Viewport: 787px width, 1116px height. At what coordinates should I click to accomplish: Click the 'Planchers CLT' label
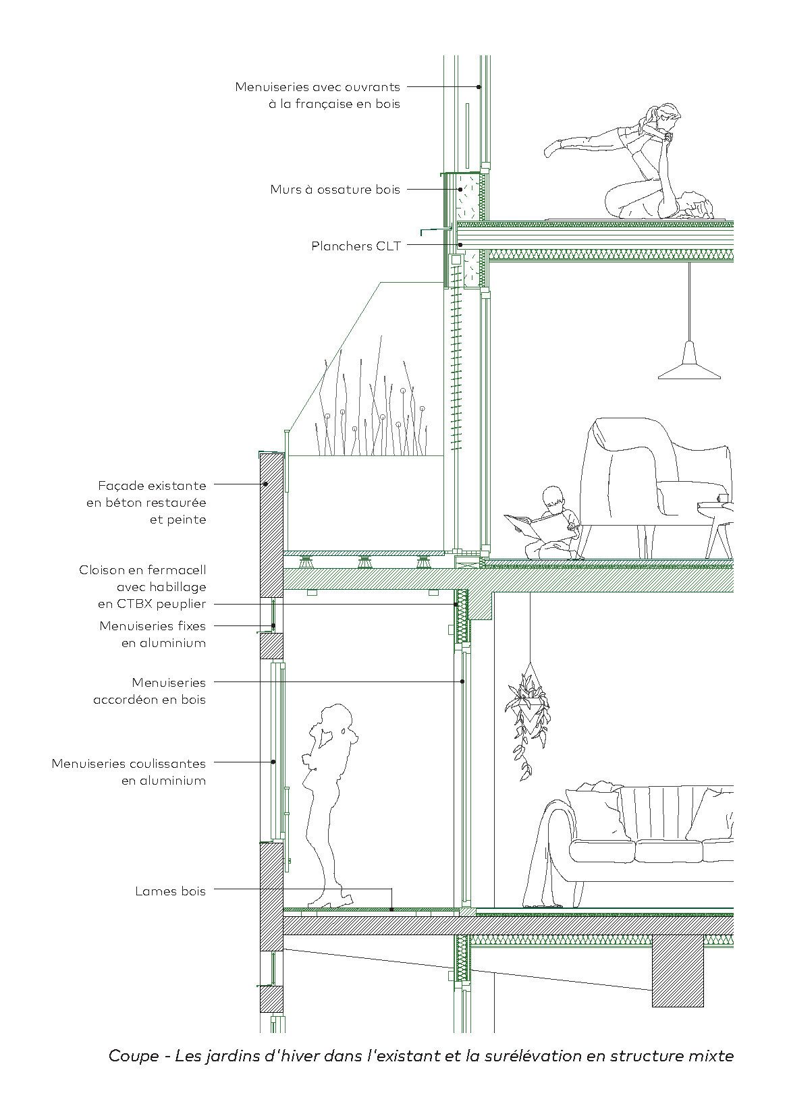356,246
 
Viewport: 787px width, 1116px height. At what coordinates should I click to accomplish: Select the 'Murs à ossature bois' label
335,190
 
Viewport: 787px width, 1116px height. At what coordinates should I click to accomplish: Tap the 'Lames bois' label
171,891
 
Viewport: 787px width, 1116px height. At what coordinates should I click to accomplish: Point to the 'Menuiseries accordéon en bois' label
150,691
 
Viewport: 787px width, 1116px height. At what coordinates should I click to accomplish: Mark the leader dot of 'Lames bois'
391,910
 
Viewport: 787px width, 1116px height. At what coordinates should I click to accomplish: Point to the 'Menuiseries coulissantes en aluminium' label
129,772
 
